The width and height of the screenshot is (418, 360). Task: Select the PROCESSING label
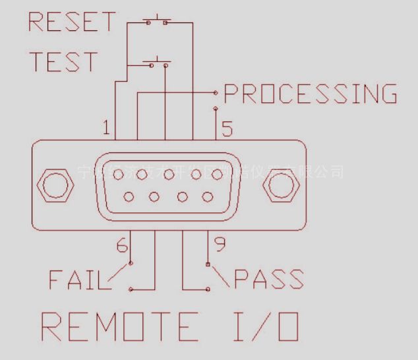point(311,94)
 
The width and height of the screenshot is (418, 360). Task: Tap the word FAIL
point(76,280)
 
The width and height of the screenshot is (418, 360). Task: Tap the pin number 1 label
point(107,128)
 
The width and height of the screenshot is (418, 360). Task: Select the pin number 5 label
point(227,128)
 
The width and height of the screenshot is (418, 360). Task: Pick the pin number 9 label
point(220,245)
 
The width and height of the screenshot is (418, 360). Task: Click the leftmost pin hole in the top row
point(119,175)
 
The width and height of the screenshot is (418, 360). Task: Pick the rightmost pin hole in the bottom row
point(207,196)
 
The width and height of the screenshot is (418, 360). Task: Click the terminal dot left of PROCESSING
point(216,92)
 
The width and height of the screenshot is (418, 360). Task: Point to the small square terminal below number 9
point(208,265)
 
